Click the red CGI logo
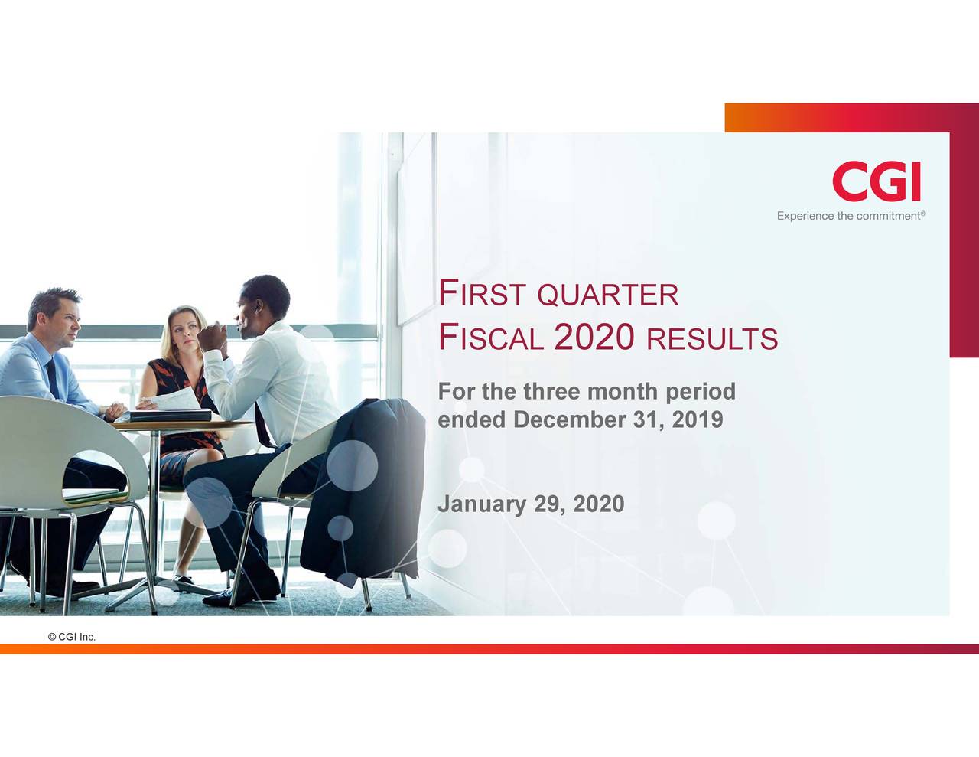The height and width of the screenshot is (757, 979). [876, 182]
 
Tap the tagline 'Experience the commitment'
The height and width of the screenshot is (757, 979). [851, 217]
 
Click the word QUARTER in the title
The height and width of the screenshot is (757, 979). [608, 295]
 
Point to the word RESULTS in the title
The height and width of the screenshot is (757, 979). [711, 339]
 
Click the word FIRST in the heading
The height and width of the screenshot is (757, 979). [482, 294]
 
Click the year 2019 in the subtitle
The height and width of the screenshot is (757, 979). [697, 420]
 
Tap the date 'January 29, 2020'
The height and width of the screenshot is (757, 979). [530, 504]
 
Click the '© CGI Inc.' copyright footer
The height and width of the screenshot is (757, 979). [71, 637]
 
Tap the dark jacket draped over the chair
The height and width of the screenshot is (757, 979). [367, 490]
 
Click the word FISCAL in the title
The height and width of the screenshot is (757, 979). [490, 338]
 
